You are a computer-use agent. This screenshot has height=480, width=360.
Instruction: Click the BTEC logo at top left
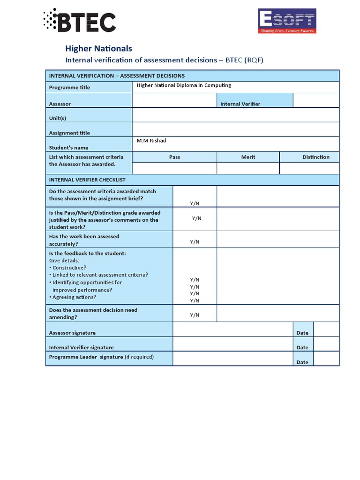pyautogui.click(x=79, y=21)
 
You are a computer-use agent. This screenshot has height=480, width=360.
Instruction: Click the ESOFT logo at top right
pyautogui.click(x=287, y=21)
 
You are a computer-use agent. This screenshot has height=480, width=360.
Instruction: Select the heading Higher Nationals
pyautogui.click(x=98, y=48)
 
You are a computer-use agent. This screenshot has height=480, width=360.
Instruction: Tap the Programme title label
pyautogui.click(x=69, y=88)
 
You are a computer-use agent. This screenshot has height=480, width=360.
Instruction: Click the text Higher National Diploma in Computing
pyautogui.click(x=184, y=85)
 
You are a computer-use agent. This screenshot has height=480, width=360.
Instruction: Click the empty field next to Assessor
pyautogui.click(x=174, y=100)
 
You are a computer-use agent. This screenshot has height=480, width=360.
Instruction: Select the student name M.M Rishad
pyautogui.click(x=151, y=141)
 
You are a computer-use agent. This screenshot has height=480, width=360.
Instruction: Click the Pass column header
pyautogui.click(x=174, y=157)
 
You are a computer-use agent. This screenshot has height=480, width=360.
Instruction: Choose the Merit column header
pyautogui.click(x=248, y=157)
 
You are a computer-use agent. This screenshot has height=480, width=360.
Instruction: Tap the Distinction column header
pyautogui.click(x=315, y=157)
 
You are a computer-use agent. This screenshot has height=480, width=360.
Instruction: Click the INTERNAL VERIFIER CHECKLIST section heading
pyautogui.click(x=87, y=180)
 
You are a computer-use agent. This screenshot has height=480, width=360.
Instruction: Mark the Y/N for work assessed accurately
pyautogui.click(x=195, y=242)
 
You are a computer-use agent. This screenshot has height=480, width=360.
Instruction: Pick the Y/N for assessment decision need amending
pyautogui.click(x=195, y=315)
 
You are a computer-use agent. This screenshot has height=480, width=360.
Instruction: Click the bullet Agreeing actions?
pyautogui.click(x=74, y=297)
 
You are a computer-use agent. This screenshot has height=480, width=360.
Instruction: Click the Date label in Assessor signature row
pyautogui.click(x=302, y=333)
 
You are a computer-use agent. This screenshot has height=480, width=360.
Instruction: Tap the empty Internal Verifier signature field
pyautogui.click(x=232, y=344)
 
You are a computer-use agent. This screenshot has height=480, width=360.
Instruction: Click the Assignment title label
pyautogui.click(x=69, y=133)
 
